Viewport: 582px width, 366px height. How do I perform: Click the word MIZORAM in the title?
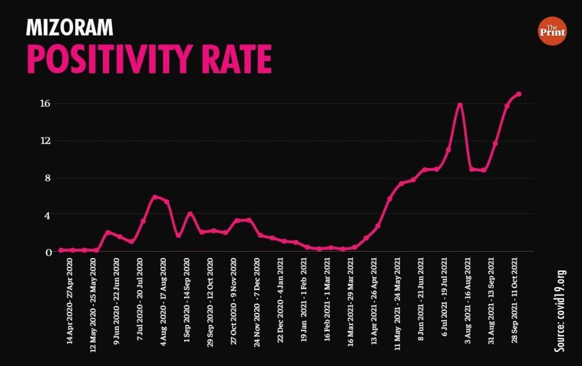click(x=69, y=27)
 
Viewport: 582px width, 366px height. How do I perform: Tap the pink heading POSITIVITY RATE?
click(x=149, y=59)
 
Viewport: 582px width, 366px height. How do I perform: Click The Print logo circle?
click(x=551, y=31)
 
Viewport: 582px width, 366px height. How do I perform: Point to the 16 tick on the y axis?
click(x=45, y=103)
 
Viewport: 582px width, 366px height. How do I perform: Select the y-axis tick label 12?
click(x=45, y=141)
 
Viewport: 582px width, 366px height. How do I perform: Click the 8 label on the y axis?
click(x=48, y=178)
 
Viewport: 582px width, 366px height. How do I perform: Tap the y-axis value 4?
click(x=48, y=215)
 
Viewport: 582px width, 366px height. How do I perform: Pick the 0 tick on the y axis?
click(x=48, y=252)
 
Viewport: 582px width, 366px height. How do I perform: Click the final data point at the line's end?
click(x=519, y=94)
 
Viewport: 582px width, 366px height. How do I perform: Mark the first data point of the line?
click(x=61, y=250)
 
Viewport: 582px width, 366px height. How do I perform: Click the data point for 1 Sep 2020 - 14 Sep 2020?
click(x=190, y=214)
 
